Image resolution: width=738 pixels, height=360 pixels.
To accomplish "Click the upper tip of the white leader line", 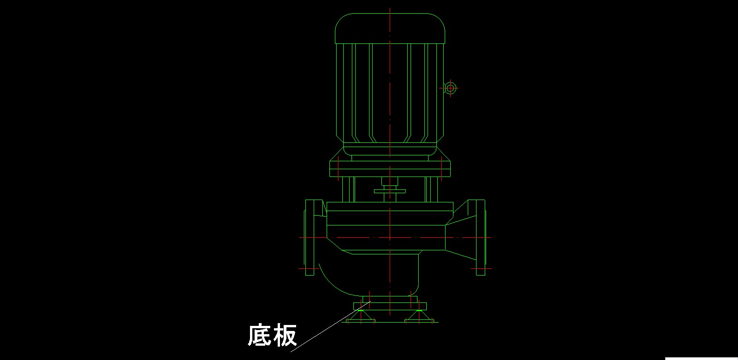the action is click(371, 301).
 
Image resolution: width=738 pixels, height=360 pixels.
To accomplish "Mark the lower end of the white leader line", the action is click(290, 352).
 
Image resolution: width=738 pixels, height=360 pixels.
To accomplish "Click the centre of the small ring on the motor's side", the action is click(450, 88).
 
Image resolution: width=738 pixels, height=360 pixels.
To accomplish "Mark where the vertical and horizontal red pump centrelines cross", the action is click(390, 237).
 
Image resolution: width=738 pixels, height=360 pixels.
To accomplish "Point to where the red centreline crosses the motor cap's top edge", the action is click(390, 13).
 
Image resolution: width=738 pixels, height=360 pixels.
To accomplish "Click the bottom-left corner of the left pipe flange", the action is click(306, 275).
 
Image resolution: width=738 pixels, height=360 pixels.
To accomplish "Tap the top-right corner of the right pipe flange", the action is click(485, 200).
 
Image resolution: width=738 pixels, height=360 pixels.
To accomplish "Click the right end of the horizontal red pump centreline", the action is click(491, 237).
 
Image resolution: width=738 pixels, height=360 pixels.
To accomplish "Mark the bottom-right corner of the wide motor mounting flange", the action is click(450, 177).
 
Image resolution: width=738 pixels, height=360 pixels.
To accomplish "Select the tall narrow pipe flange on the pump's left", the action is click(309, 237).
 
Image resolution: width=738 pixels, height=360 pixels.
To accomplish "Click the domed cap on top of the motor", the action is click(390, 28).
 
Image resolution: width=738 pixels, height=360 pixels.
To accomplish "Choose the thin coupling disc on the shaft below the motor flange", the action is click(390, 191).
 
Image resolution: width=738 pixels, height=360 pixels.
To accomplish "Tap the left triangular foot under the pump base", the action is click(361, 316).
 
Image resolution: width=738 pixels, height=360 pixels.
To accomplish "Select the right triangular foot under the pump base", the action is click(419, 316).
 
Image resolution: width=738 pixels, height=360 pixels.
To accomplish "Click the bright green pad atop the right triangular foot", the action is click(419, 310).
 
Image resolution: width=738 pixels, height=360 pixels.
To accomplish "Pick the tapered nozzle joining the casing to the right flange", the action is click(461, 237).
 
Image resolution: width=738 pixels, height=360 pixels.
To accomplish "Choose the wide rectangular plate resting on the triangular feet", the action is click(390, 307).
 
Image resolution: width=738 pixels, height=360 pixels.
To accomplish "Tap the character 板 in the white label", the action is click(285, 335).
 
